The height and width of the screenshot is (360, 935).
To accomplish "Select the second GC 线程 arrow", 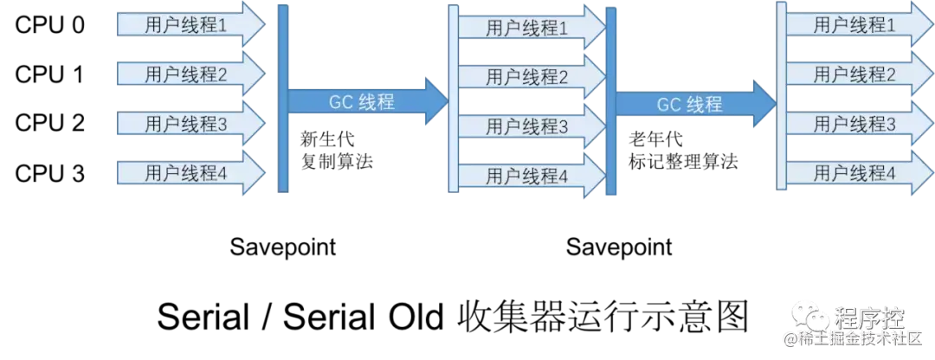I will click(x=693, y=104).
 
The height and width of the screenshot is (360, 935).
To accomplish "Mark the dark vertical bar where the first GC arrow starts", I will click(x=283, y=100).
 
